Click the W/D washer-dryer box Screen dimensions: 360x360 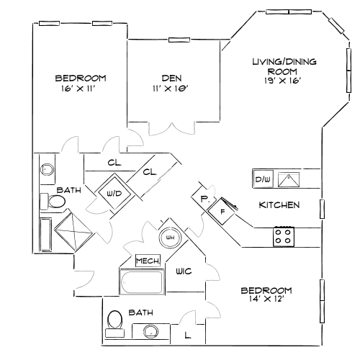[x=114, y=192]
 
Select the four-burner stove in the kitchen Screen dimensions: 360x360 [x=284, y=235]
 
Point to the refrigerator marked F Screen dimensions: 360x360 [x=223, y=212]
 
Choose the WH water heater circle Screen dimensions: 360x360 [x=171, y=237]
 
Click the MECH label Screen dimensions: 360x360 [x=148, y=260]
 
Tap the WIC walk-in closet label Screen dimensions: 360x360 [x=182, y=271]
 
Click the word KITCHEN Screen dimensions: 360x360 [x=279, y=205]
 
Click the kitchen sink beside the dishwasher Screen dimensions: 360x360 [x=289, y=179]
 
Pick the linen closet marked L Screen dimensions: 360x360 [x=188, y=335]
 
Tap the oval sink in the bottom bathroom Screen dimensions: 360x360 [x=150, y=332]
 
